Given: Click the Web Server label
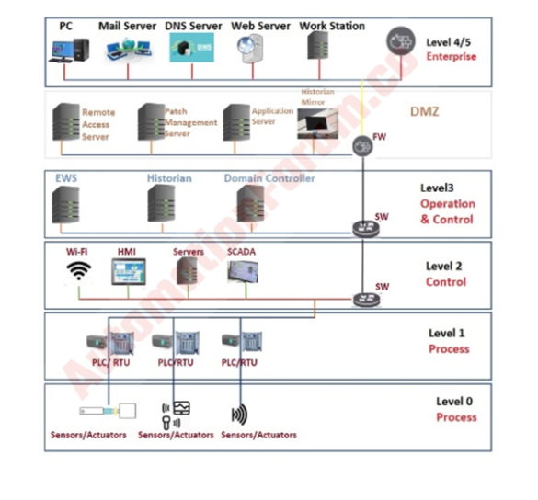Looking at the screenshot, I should pos(261,26).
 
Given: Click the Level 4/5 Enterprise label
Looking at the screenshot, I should pos(452,49).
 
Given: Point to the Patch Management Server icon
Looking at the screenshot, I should pos(150,119).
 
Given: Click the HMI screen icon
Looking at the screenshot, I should pos(127,270).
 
